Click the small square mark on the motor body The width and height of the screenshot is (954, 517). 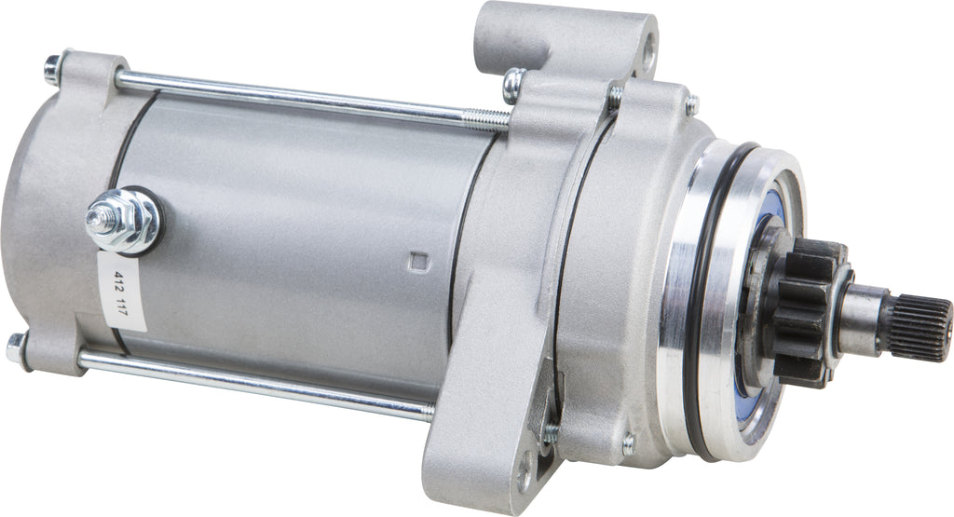pyautogui.click(x=417, y=261)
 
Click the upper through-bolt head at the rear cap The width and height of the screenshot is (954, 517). pyautogui.click(x=52, y=67)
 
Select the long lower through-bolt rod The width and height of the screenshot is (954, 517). pyautogui.click(x=252, y=382)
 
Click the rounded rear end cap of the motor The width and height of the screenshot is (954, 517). pyautogui.click(x=47, y=214)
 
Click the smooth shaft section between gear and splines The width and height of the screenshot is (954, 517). pyautogui.click(x=862, y=317)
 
